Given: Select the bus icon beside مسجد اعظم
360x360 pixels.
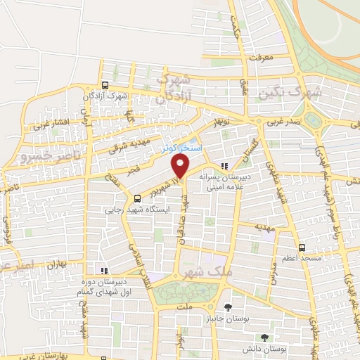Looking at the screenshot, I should coord(302,247).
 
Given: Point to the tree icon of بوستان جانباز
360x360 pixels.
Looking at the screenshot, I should coord(227,307).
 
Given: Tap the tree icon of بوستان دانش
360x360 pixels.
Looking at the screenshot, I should coord(264,337).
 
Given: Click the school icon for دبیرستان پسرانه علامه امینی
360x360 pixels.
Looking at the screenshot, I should coord(224,166).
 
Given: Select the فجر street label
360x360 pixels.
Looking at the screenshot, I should coord(133,170).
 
